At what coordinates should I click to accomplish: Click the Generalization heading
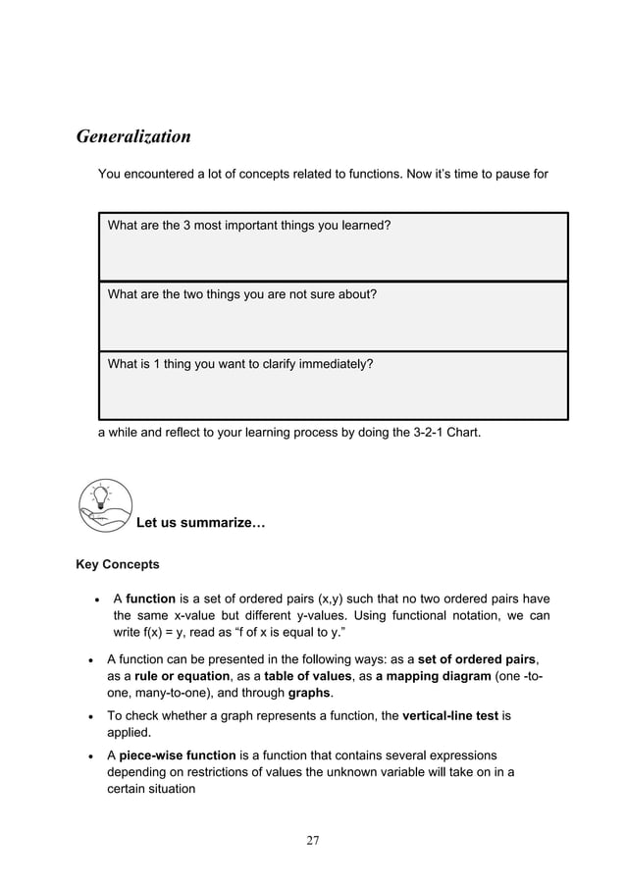pyautogui.click(x=133, y=136)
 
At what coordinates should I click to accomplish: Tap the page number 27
pyautogui.click(x=313, y=840)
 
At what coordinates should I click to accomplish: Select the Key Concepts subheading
pyautogui.click(x=118, y=565)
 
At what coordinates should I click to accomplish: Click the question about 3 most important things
pyautogui.click(x=249, y=226)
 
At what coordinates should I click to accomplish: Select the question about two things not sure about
pyautogui.click(x=241, y=294)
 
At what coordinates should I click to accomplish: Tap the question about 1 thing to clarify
pyautogui.click(x=239, y=363)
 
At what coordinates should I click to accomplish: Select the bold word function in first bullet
pyautogui.click(x=150, y=599)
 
